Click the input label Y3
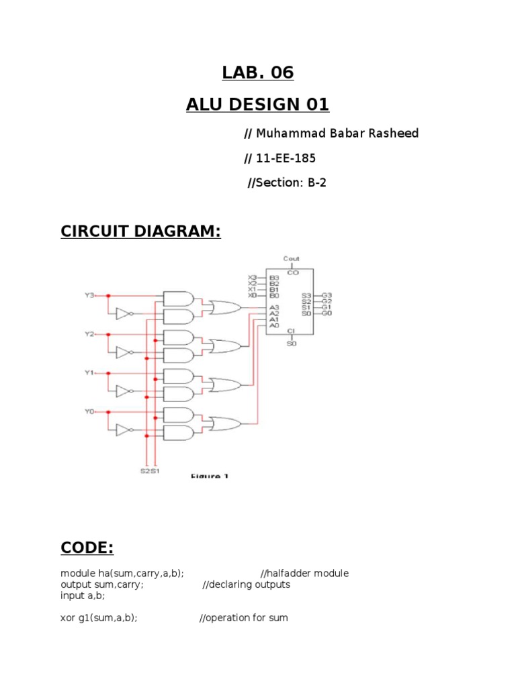tap(89, 295)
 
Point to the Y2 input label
tap(89, 333)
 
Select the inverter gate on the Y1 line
tap(123, 390)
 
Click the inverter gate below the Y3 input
tap(123, 313)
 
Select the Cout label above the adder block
tap(292, 259)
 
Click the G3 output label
tap(327, 295)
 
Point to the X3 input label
tap(253, 277)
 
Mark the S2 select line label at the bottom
tap(144, 470)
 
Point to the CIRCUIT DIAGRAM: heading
tap(140, 231)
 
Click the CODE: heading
tap(87, 548)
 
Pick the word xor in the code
tap(68, 618)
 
